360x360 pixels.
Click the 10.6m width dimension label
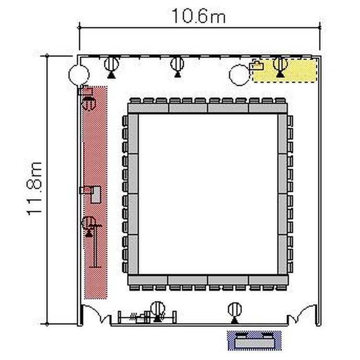coord(199,16)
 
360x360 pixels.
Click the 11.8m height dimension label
coord(35,189)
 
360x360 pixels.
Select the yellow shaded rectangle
coord(285,71)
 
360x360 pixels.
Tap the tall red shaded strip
coord(96,192)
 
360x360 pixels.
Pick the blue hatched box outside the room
coord(254,341)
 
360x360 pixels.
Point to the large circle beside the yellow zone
coord(240,75)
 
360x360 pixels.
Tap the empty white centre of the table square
coord(208,194)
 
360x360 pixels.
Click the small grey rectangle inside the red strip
coord(96,194)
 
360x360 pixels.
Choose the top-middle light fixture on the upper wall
coord(177,66)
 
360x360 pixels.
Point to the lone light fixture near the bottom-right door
coord(235,312)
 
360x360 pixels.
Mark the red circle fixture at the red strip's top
coord(89,103)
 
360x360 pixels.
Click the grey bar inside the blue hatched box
coord(254,344)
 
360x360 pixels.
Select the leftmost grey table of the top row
coord(148,108)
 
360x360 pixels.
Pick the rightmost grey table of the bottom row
coord(268,280)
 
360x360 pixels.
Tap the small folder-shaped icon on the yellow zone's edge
coord(256,66)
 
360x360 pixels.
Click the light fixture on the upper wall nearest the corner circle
coord(111,67)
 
